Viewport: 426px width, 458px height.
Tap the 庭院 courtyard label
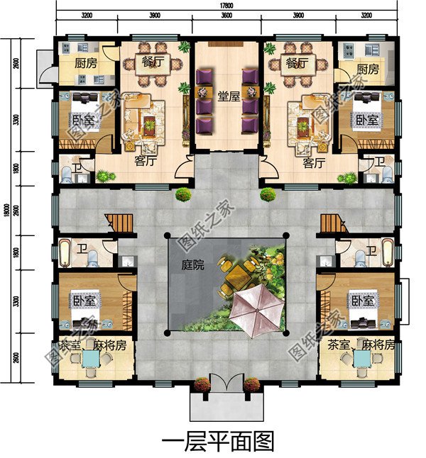pos(192,266)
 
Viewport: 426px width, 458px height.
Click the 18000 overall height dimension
pos(6,212)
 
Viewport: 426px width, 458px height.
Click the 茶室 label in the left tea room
pos(69,345)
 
